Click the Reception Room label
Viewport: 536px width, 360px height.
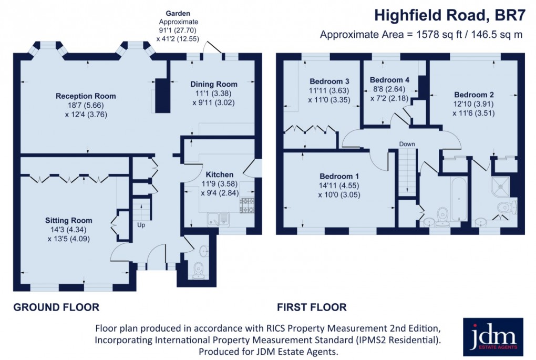click(x=86, y=96)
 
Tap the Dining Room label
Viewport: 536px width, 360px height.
click(x=213, y=84)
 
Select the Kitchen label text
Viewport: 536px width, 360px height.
click(x=219, y=174)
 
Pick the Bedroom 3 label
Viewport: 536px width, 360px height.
click(x=329, y=81)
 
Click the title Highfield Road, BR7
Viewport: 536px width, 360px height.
click(x=449, y=15)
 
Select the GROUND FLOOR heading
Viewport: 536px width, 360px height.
click(x=56, y=307)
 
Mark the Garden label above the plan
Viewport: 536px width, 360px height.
click(x=178, y=13)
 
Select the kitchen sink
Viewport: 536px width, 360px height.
click(x=217, y=219)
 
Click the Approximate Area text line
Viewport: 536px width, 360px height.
click(x=422, y=35)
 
